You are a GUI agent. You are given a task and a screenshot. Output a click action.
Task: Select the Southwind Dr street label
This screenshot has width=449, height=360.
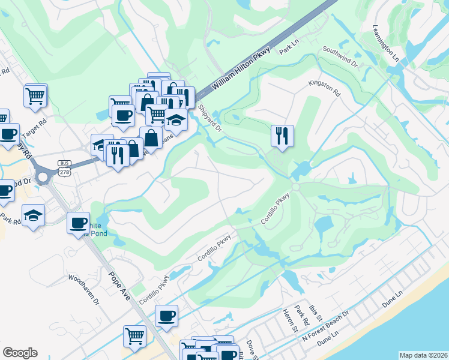coord(340,55)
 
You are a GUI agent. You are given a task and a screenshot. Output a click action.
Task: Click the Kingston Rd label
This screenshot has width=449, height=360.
coord(324,89)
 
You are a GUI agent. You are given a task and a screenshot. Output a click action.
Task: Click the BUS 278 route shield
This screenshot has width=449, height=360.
coord(65,167)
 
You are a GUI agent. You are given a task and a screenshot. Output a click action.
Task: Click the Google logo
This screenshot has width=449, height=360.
coord(20,353)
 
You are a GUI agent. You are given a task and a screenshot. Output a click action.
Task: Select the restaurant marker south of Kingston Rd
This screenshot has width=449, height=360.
coord(282,135)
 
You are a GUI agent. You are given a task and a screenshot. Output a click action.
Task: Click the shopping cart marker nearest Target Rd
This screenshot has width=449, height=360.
coord(35,95)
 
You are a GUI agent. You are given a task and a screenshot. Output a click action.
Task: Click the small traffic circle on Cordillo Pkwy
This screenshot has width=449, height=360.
coord(295,187)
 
